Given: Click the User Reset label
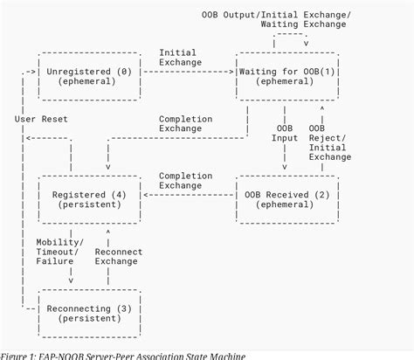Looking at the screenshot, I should point(41,118).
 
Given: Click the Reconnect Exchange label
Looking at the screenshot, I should point(117,258).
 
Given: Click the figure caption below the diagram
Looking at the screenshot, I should point(123,355).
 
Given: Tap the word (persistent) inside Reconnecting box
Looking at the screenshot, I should point(90,321).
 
